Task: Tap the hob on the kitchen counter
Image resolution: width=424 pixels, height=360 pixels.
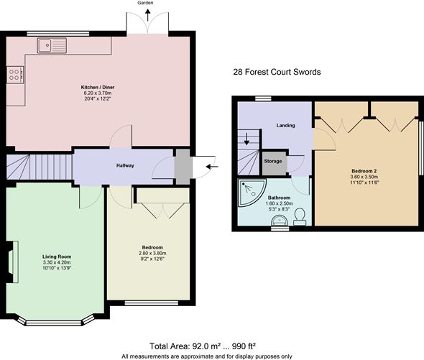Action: pos(14,75)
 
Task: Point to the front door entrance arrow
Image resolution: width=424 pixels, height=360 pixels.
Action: pos(213,167)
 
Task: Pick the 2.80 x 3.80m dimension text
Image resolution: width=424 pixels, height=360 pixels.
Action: pos(152,253)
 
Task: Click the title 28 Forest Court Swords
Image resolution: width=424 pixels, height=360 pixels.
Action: pos(277,73)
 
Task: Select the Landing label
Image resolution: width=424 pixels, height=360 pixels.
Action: pos(287,125)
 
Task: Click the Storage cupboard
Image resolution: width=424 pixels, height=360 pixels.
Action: pos(273,161)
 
